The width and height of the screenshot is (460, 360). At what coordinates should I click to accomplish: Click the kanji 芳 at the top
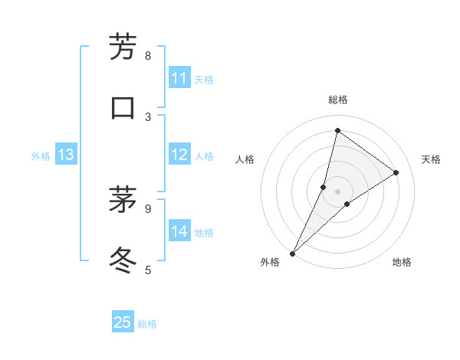point(123,47)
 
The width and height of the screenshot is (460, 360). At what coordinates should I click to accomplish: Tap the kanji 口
point(123,107)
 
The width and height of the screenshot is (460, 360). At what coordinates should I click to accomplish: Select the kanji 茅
point(123,201)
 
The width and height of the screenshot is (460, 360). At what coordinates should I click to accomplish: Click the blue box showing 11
point(179,78)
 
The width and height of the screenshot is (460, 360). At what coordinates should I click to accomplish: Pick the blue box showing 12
point(179,155)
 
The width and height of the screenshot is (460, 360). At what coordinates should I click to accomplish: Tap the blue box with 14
point(179,231)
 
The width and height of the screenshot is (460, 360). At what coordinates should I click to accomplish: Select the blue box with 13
point(66,155)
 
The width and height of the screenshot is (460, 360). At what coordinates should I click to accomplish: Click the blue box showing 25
point(123,322)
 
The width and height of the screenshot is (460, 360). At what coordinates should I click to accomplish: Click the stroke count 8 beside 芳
point(148,55)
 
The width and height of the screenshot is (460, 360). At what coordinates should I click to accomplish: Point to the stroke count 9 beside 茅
point(148,208)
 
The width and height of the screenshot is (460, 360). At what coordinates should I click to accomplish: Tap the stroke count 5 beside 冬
point(148,269)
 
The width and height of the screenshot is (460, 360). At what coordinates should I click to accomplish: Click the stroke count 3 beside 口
point(148,116)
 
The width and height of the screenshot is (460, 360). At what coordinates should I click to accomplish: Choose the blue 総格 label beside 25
point(147,324)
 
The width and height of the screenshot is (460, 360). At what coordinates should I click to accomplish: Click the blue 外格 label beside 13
point(41,156)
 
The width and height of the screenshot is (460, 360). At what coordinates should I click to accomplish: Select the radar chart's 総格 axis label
point(337,100)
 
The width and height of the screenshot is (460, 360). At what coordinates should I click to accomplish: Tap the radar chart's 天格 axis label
point(431,159)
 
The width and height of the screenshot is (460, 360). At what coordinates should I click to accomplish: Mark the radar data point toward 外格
point(293,253)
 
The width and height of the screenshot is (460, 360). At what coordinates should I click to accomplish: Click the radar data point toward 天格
point(396,173)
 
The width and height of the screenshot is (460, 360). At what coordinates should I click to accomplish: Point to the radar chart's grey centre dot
point(337,191)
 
